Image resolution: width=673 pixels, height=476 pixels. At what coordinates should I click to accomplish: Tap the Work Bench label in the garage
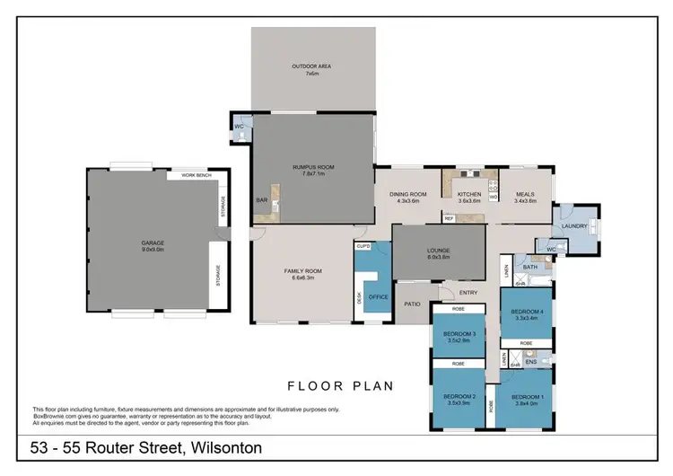coord(196,176)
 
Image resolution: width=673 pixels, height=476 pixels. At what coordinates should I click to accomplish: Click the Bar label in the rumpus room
coord(262,200)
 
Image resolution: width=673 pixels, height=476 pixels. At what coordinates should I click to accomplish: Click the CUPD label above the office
coord(363,245)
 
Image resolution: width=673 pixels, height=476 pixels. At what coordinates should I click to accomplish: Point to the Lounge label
coord(439,253)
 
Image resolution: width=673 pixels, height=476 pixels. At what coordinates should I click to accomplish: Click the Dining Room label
coord(406,198)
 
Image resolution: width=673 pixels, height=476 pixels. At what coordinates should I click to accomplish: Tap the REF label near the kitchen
coord(449,218)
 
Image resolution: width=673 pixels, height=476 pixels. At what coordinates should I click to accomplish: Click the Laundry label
coord(574,226)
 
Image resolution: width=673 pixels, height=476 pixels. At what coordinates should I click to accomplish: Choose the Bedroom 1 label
coord(528,400)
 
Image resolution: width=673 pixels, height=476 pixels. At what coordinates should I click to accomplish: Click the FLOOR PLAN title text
coord(340,386)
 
